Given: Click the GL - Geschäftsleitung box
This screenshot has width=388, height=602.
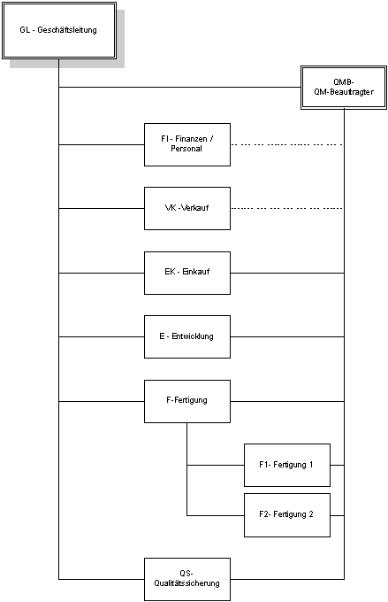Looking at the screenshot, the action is click(59, 31).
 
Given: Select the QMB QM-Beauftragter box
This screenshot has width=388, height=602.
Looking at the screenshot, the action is click(344, 88).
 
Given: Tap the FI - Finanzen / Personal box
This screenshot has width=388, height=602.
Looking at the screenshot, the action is click(187, 144).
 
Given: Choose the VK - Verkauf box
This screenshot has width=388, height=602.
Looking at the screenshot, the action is click(187, 208).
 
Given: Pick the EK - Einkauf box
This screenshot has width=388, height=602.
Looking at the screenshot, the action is click(187, 273).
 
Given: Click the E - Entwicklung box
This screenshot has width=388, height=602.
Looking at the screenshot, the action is click(187, 336).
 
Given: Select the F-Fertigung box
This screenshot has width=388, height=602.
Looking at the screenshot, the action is click(187, 401).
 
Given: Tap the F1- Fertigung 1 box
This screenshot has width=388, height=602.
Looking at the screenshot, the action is click(287, 465).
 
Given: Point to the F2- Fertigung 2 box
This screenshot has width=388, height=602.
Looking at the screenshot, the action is click(287, 515).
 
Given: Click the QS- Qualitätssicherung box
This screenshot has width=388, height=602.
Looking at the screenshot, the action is click(187, 579).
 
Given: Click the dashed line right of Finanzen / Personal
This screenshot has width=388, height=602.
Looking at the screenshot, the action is click(287, 144).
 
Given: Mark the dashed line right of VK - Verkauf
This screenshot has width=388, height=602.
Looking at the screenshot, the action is click(287, 208).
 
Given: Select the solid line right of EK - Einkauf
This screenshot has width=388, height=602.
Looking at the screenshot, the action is click(287, 273).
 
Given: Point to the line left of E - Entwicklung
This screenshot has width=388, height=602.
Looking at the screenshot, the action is click(102, 336).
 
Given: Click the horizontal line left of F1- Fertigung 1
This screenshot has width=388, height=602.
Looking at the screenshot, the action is click(216, 465).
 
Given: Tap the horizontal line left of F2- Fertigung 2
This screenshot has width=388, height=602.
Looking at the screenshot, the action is click(216, 515).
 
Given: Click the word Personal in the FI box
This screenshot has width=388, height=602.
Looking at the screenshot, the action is click(186, 149).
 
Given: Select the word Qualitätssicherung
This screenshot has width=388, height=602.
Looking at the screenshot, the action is click(187, 583).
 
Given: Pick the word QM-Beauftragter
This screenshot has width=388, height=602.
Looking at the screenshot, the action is click(344, 92).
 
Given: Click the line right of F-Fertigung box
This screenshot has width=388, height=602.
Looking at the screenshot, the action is click(287, 401).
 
